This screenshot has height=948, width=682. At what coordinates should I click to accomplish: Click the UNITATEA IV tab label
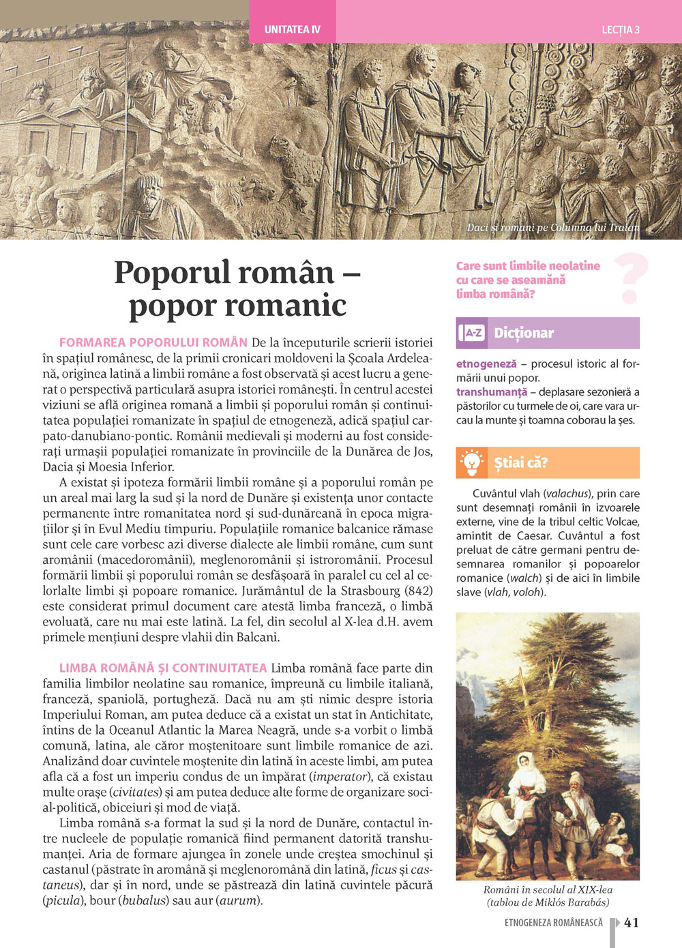point(292,30)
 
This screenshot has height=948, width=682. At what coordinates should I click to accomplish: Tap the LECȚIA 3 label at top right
point(620,30)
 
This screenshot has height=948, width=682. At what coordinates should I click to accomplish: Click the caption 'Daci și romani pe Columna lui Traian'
point(553,227)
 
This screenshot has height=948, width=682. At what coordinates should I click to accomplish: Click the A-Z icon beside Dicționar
point(472,333)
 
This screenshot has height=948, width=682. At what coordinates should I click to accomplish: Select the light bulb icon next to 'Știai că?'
point(472,462)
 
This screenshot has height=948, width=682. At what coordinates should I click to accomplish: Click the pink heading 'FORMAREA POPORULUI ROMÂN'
point(153,342)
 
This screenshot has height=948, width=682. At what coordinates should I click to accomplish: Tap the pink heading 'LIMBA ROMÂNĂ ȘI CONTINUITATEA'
point(163,668)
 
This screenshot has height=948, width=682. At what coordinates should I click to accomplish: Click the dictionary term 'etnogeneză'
point(486,364)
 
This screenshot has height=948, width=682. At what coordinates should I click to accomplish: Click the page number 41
point(632,923)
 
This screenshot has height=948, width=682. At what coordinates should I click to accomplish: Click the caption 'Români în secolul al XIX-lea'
point(548,889)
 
